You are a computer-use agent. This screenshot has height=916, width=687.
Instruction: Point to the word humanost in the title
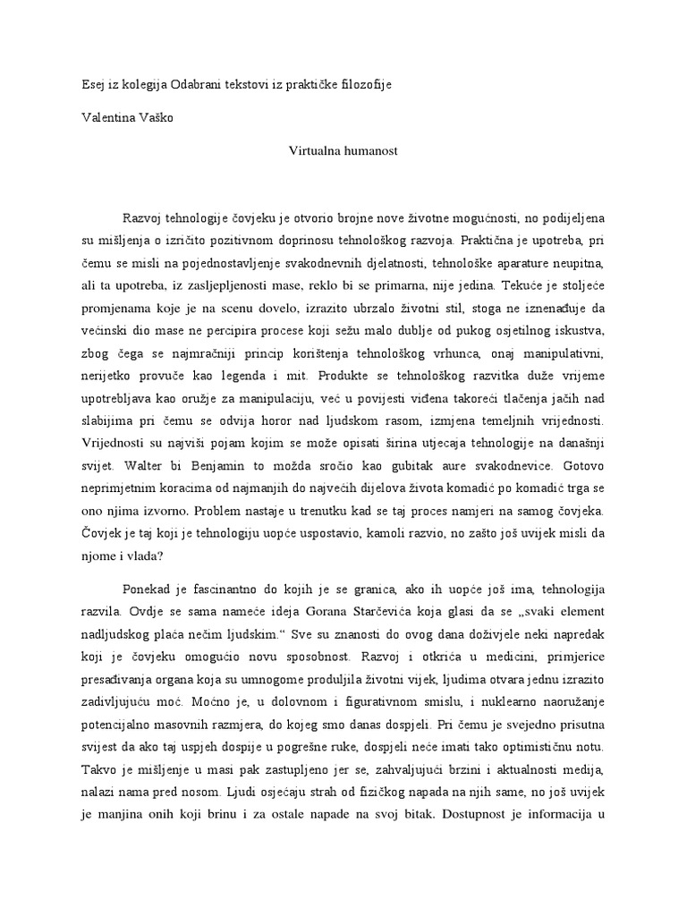click(371, 151)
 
